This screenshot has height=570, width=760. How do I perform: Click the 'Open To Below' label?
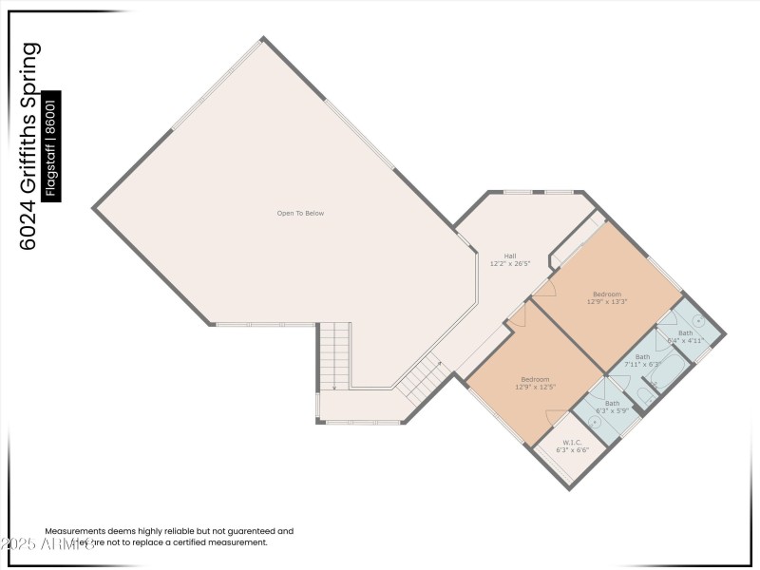(x=300, y=214)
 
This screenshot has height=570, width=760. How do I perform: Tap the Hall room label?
(x=510, y=256)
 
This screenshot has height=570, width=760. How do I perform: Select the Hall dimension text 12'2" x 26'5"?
(x=510, y=264)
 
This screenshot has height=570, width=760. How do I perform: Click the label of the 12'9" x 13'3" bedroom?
(x=607, y=294)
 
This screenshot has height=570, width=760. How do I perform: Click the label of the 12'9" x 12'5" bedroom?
(x=535, y=380)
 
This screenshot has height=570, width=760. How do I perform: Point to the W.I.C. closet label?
(x=572, y=443)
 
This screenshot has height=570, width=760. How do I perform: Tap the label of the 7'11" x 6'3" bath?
(x=643, y=357)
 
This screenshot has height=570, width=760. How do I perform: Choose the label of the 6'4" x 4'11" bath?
(x=685, y=333)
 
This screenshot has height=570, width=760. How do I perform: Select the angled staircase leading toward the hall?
(x=420, y=378)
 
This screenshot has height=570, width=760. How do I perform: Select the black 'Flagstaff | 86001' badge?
(x=53, y=145)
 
